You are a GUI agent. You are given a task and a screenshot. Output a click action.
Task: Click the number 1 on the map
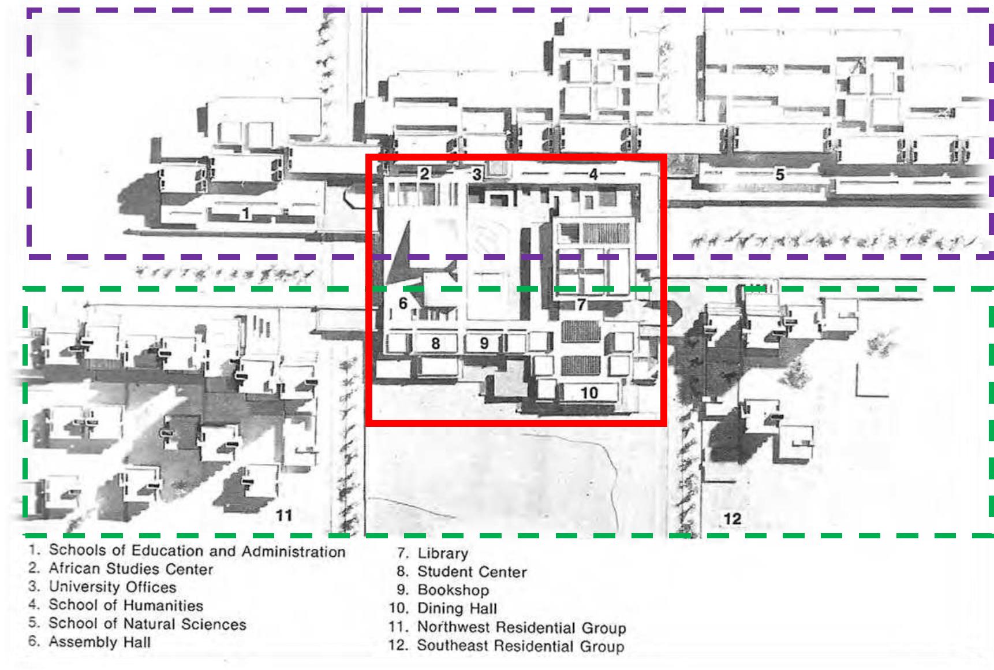(246, 214)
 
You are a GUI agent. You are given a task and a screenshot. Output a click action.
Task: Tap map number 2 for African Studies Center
(425, 173)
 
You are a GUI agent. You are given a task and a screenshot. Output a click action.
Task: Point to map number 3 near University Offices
(477, 174)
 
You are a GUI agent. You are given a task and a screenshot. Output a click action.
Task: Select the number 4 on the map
(593, 173)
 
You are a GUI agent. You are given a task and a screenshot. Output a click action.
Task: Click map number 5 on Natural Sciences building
(779, 174)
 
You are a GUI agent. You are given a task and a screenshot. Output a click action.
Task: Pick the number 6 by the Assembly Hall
(403, 303)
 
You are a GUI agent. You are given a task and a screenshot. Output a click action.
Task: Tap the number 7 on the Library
(581, 304)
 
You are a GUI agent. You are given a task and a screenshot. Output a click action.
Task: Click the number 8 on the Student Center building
(436, 344)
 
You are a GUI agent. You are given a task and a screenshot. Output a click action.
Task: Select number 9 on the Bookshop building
(484, 344)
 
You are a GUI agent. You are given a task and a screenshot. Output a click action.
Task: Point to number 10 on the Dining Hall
(589, 393)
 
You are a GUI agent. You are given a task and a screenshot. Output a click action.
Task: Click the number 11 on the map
(283, 515)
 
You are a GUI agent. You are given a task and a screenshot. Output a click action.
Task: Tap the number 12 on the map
(732, 519)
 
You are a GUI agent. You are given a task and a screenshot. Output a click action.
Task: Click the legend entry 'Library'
(443, 553)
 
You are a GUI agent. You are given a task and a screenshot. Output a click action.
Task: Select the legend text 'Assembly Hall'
(100, 642)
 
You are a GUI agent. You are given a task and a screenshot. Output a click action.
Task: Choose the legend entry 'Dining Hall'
(457, 608)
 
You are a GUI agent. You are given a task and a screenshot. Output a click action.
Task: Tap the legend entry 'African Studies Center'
(131, 569)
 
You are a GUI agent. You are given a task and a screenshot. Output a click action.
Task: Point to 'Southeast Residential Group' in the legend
(521, 645)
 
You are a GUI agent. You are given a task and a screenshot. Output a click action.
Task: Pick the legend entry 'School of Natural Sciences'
(147, 624)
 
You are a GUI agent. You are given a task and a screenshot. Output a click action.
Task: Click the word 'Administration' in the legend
(294, 552)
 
